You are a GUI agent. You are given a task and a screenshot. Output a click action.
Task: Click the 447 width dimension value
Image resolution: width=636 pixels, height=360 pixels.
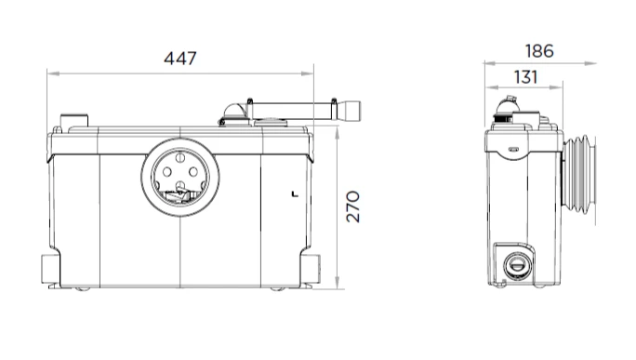[x=180, y=59]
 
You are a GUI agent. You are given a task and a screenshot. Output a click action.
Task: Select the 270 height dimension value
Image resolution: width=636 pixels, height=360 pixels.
[x=353, y=207]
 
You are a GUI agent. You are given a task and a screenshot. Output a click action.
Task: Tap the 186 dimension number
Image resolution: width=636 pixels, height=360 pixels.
[x=539, y=51]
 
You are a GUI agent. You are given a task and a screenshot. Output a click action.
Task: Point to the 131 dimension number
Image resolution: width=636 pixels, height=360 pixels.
[x=525, y=77]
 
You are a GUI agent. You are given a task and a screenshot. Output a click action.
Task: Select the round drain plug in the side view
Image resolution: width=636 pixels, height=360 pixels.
[x=516, y=266]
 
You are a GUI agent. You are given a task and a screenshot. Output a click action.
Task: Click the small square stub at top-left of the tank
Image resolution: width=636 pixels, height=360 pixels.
[x=74, y=121]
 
